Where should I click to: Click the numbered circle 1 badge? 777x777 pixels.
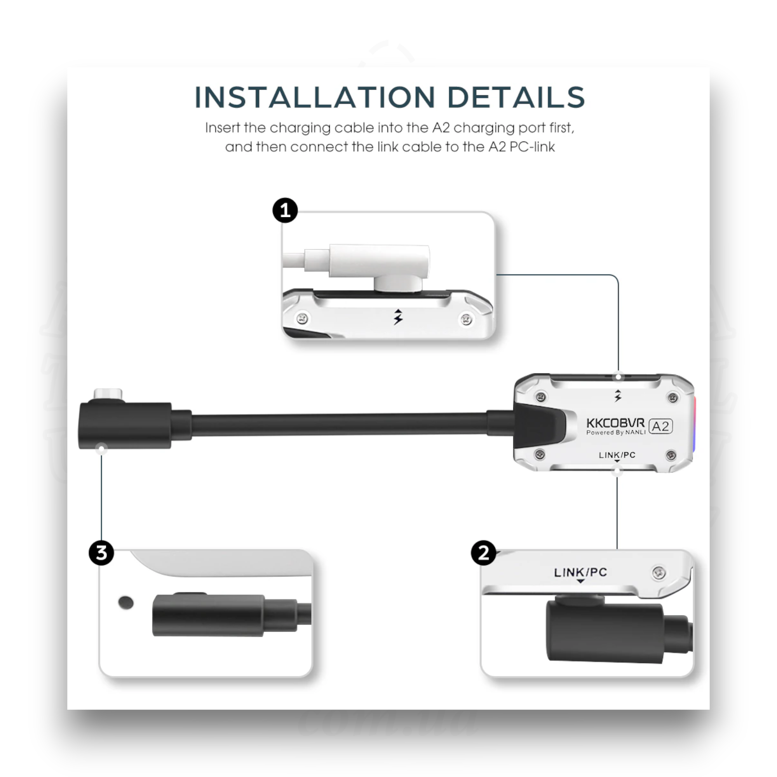[285, 210]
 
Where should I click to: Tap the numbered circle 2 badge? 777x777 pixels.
[483, 552]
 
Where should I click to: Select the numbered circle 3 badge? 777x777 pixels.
[101, 552]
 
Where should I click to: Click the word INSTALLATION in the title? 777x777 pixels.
[315, 98]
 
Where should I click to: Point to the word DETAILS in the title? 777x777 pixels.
[516, 98]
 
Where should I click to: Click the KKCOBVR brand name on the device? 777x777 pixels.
[615, 423]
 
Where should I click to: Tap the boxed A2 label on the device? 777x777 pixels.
[660, 426]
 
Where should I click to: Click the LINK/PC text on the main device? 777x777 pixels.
[617, 455]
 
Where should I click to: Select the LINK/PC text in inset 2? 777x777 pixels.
[580, 572]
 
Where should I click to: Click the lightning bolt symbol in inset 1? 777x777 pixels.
[398, 317]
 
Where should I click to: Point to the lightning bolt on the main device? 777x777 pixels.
[618, 396]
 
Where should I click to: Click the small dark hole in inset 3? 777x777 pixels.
[126, 603]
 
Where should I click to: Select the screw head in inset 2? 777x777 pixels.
[659, 572]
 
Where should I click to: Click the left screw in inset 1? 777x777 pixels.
[302, 319]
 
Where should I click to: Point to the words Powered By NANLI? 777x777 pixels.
[616, 432]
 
